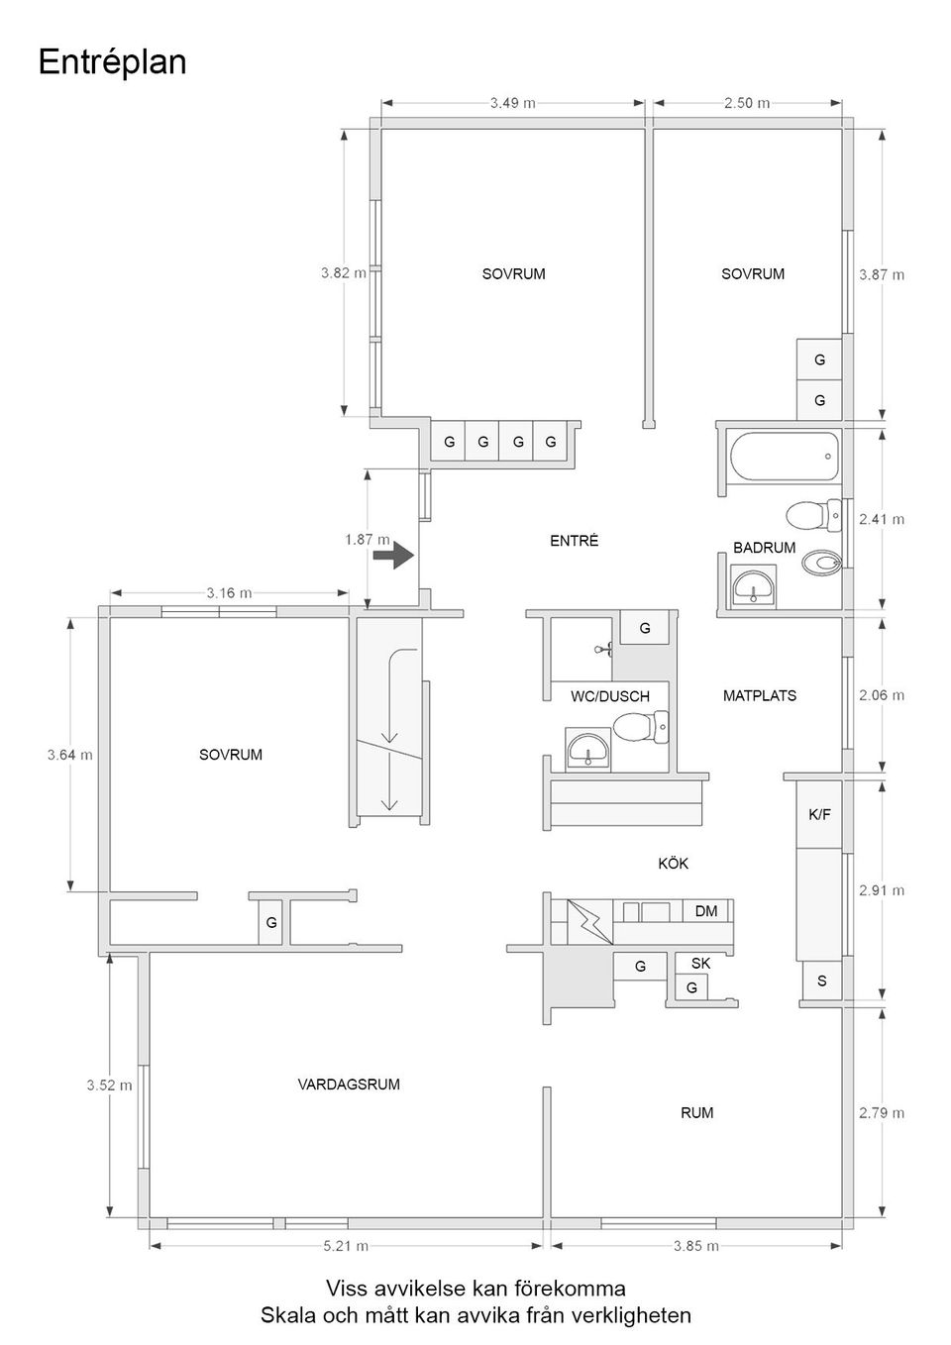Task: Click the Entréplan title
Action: pyautogui.click(x=112, y=62)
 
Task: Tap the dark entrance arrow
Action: pyautogui.click(x=393, y=555)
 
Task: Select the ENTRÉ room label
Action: pyautogui.click(x=574, y=541)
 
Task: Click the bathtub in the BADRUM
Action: pyautogui.click(x=784, y=457)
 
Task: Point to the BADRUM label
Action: pyautogui.click(x=764, y=548)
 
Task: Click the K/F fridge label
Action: pyautogui.click(x=819, y=815)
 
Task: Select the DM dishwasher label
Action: pyautogui.click(x=705, y=911)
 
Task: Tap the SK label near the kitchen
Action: pyautogui.click(x=700, y=963)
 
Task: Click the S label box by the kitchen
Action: pyautogui.click(x=820, y=982)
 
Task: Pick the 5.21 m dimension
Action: pyautogui.click(x=346, y=1246)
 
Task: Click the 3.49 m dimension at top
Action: pyautogui.click(x=512, y=102)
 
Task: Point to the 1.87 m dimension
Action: pyautogui.click(x=367, y=540)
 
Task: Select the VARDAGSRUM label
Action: pyautogui.click(x=349, y=1085)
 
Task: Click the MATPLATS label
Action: pyautogui.click(x=759, y=696)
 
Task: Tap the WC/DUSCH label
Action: pyautogui.click(x=609, y=696)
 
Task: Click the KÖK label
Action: pyautogui.click(x=673, y=864)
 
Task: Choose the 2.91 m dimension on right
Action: pyautogui.click(x=881, y=890)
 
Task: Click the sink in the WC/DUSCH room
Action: pyautogui.click(x=588, y=750)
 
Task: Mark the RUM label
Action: pyautogui.click(x=696, y=1113)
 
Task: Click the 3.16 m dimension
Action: pyautogui.click(x=229, y=593)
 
